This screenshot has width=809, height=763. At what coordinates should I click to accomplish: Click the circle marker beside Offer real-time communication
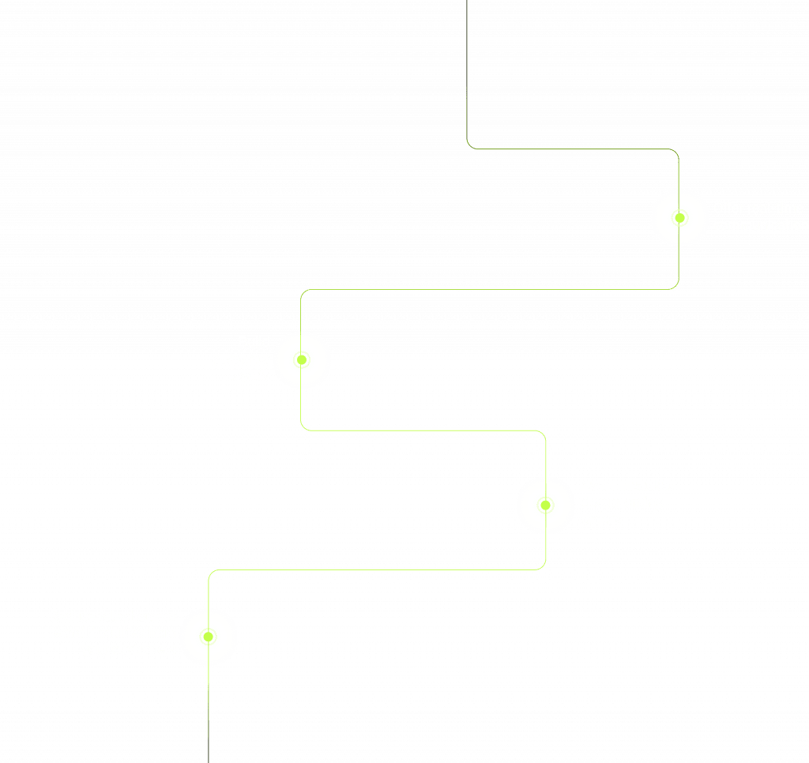point(679,217)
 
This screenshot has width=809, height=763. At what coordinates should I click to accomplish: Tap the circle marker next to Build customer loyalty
point(302,359)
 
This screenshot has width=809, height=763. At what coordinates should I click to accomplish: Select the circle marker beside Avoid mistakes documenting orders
point(545,505)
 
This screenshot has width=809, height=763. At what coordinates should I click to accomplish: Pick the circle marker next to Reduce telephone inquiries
point(208,636)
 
